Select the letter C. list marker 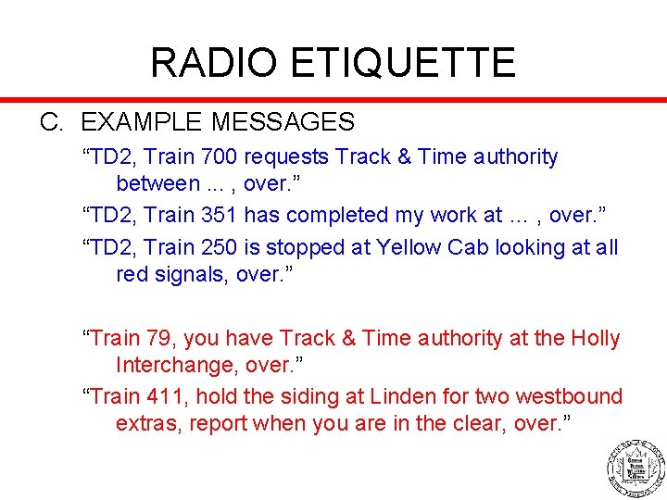[x=51, y=122]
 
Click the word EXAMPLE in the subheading [x=142, y=122]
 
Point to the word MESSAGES [x=283, y=122]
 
